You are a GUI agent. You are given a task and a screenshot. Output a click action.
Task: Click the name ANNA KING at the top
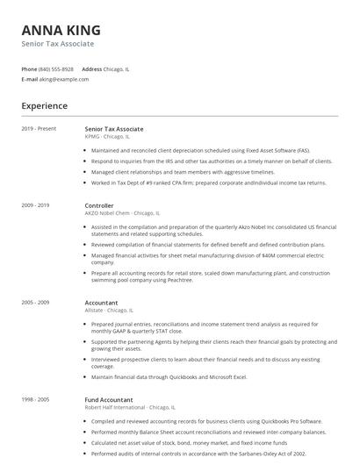61,30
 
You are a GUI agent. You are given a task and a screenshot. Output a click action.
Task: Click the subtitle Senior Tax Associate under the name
57,44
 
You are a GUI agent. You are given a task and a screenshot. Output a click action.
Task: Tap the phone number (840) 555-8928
56,68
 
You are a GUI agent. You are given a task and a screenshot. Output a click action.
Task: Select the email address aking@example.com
64,79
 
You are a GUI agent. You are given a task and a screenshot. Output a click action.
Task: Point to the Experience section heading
44,106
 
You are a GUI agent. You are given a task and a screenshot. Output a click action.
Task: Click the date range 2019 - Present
39,129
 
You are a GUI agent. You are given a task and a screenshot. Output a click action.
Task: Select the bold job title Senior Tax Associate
113,129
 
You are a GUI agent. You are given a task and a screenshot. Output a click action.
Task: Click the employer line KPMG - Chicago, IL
106,137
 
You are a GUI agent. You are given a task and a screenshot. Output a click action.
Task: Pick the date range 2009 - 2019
35,205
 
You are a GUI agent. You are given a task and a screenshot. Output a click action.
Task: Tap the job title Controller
99,205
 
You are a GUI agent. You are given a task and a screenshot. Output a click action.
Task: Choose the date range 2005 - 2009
35,303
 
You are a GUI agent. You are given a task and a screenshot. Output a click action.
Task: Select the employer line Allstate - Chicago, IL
109,311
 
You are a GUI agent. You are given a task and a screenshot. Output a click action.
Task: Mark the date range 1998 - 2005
35,400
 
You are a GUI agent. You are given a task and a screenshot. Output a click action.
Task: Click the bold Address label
91,68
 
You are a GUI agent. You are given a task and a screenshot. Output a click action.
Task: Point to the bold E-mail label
29,79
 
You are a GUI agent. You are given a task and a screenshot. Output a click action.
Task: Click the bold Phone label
29,68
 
